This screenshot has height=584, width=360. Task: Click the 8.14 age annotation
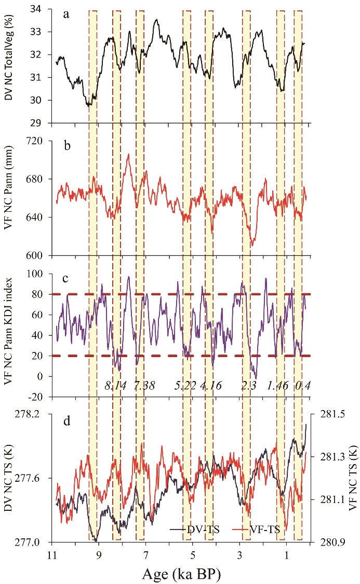click(x=115, y=387)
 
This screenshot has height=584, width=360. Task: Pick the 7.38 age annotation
click(x=144, y=387)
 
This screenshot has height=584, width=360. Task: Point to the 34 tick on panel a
click(x=41, y=9)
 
